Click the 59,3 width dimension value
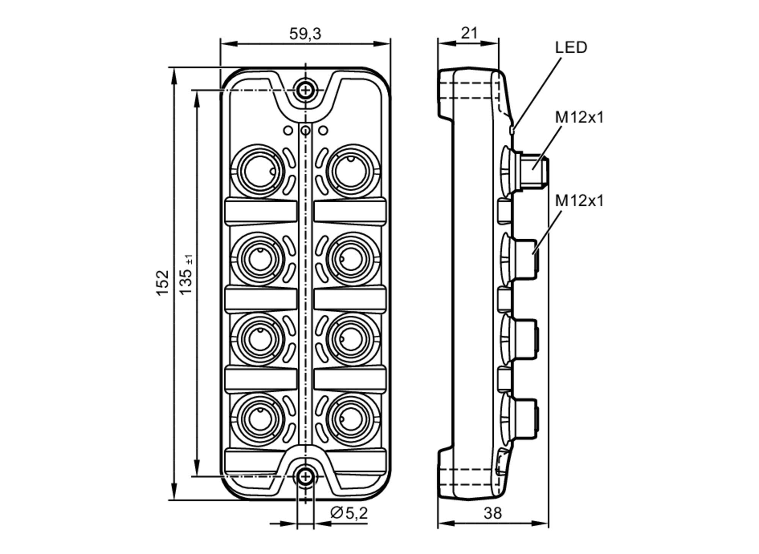[x=305, y=34]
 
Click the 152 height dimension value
[x=162, y=283]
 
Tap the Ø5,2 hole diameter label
[x=349, y=513]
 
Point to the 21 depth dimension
[x=469, y=33]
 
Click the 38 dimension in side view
[x=493, y=513]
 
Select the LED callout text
[x=571, y=48]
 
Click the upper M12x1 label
[x=579, y=118]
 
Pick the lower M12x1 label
[x=579, y=201]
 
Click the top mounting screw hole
[x=305, y=90]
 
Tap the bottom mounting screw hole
[x=305, y=477]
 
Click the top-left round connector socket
[x=258, y=171]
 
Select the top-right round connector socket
[x=352, y=171]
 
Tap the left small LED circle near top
[x=288, y=131]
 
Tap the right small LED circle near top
[x=323, y=131]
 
